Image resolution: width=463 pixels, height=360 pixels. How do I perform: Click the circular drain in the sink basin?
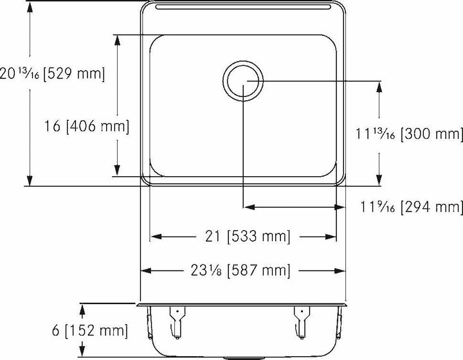243,80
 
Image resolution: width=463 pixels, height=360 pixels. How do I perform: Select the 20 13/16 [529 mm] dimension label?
52,73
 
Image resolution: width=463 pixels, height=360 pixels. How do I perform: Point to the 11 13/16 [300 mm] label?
409,134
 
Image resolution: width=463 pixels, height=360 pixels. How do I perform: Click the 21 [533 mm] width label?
243,237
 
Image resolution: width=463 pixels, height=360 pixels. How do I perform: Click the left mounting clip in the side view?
176,321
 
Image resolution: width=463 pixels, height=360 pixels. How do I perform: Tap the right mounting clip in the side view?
300,321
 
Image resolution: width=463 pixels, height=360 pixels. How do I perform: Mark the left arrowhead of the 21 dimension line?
155,237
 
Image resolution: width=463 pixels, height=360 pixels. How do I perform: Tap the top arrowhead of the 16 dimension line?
116,40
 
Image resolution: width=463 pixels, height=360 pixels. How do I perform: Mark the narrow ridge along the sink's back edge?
243,7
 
